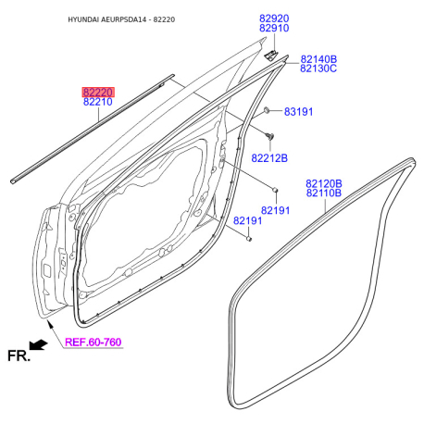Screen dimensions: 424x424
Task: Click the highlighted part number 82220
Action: click(98, 93)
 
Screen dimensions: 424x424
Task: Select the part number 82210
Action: click(98, 102)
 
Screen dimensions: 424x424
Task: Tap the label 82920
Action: click(274, 19)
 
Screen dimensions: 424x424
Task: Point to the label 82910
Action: click(274, 28)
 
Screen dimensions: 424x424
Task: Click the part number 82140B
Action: click(318, 59)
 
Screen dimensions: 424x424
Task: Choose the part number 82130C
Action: click(318, 69)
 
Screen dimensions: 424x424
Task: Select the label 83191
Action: click(298, 112)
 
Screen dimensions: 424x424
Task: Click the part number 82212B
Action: click(269, 158)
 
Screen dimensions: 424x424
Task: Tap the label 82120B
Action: click(324, 184)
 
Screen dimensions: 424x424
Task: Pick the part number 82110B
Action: click(324, 193)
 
